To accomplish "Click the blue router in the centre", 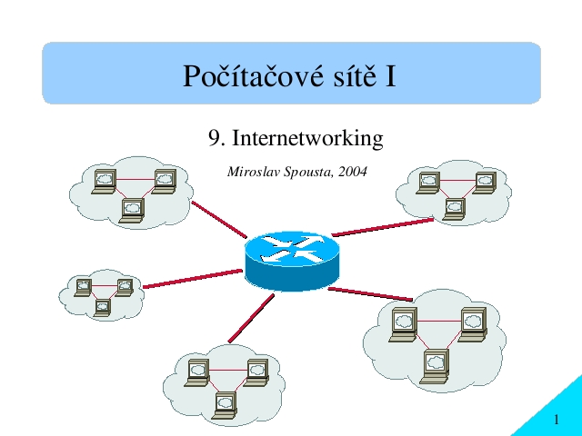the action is click(292, 261).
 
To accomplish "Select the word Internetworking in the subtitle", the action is click(307, 139).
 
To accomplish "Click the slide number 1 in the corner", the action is click(556, 420).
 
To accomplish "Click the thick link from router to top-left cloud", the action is click(219, 220).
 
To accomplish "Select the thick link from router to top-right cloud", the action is click(382, 227).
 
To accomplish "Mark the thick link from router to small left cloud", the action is click(192, 279).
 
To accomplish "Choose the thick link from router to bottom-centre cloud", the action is click(251, 318).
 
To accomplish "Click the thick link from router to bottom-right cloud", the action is click(370, 293).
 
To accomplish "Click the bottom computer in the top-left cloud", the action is click(131, 211).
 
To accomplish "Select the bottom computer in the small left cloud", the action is click(102, 308).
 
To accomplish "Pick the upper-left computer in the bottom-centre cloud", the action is click(196, 373).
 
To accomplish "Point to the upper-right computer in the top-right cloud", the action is click(485, 183).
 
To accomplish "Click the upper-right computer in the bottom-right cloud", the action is click(473, 324).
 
